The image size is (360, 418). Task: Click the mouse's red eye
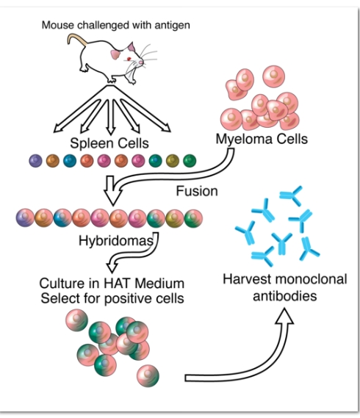tap(129, 59)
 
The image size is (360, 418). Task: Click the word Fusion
tap(197, 191)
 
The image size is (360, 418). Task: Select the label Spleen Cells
tap(109, 143)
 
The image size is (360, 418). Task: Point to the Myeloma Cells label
tap(262, 139)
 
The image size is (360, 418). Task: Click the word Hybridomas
tap(116, 241)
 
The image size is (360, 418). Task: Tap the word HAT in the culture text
tap(117, 283)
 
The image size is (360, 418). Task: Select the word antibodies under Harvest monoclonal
tap(285, 296)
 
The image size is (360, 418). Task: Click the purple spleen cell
tap(35, 161)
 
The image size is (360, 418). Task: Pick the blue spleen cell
tap(70, 161)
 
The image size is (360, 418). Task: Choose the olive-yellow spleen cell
tap(173, 161)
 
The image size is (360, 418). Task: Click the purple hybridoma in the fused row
tap(25, 217)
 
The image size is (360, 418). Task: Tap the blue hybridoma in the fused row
tap(62, 217)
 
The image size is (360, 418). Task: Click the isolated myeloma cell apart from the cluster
tap(273, 76)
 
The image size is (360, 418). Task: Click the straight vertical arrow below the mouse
tap(110, 118)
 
